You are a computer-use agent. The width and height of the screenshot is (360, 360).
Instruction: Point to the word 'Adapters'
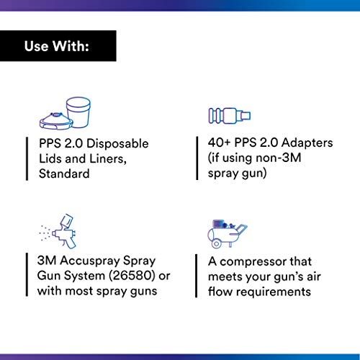click(307, 143)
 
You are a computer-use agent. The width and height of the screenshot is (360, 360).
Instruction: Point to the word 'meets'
click(223, 276)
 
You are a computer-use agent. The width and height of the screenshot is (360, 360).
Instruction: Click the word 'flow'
click(220, 292)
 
